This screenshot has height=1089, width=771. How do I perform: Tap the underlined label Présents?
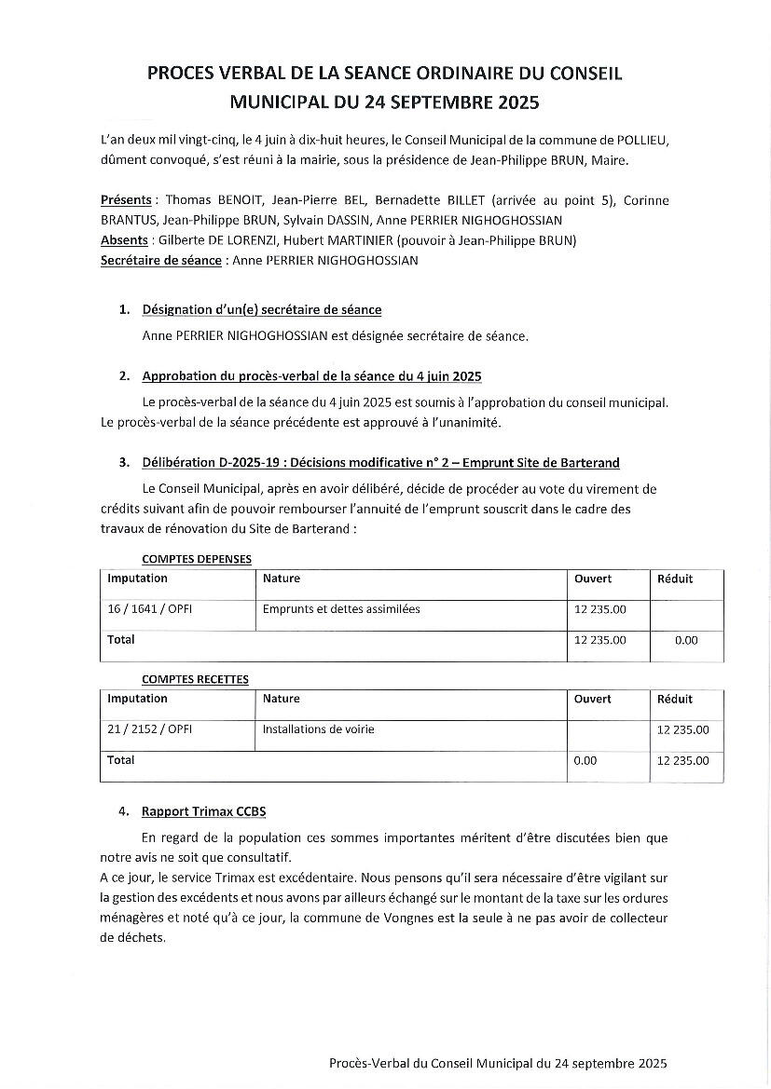126,200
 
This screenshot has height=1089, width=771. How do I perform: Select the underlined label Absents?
124,240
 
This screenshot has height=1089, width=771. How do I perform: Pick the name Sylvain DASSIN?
328,220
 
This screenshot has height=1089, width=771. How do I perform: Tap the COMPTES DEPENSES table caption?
196,559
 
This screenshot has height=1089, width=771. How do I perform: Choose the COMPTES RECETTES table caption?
195,679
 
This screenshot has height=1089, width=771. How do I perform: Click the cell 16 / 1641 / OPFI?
150,609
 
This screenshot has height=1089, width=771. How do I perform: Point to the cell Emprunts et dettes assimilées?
341,609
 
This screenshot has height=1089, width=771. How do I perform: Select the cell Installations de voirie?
318,729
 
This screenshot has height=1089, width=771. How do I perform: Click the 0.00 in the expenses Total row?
686,640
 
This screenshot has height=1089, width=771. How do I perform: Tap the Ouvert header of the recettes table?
593,699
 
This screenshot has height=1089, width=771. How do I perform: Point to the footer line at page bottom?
498,1063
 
